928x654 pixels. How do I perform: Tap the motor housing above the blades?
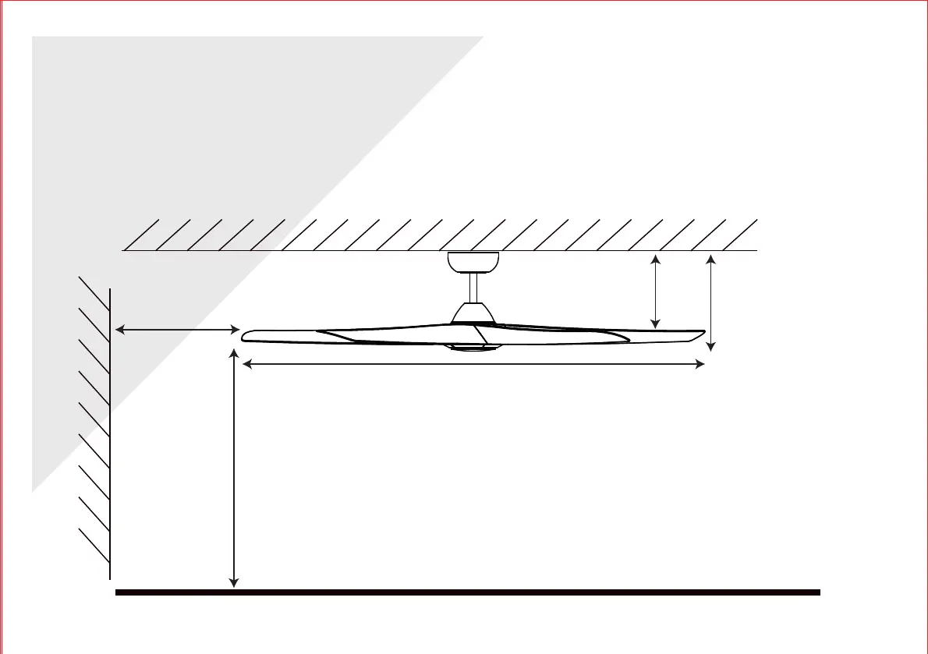coord(473,313)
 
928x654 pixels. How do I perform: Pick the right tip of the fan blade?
coord(701,336)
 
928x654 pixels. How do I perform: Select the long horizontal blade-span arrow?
coord(473,364)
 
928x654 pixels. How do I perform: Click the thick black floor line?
coord(468,592)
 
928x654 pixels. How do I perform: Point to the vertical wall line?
coord(111,433)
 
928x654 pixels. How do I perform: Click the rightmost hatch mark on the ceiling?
coord(740,235)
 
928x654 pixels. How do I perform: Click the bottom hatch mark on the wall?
coord(94,545)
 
